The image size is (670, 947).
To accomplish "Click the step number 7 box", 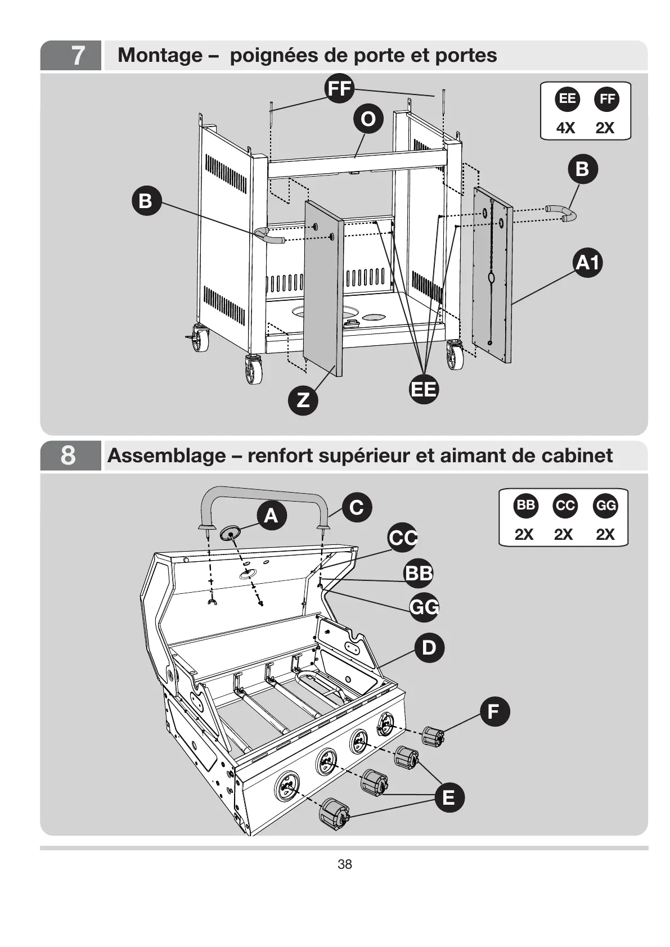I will (x=71, y=55).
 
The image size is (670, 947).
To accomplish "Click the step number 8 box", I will (x=71, y=456).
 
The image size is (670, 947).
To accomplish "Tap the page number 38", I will (x=345, y=864).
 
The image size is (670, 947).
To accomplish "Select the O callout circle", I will (x=368, y=119).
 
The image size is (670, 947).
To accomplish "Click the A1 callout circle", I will (x=588, y=263).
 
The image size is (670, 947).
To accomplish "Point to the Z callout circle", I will (x=303, y=400).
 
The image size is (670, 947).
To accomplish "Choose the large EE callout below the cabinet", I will (x=424, y=389).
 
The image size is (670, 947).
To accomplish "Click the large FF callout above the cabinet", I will (x=339, y=88).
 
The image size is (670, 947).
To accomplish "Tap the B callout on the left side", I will (x=146, y=201).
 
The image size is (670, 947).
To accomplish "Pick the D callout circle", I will (x=429, y=647).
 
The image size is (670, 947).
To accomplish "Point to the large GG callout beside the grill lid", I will (x=424, y=607).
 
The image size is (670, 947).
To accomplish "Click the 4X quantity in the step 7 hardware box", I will (x=566, y=128).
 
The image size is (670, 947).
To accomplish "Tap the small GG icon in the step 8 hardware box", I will (x=606, y=506).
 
